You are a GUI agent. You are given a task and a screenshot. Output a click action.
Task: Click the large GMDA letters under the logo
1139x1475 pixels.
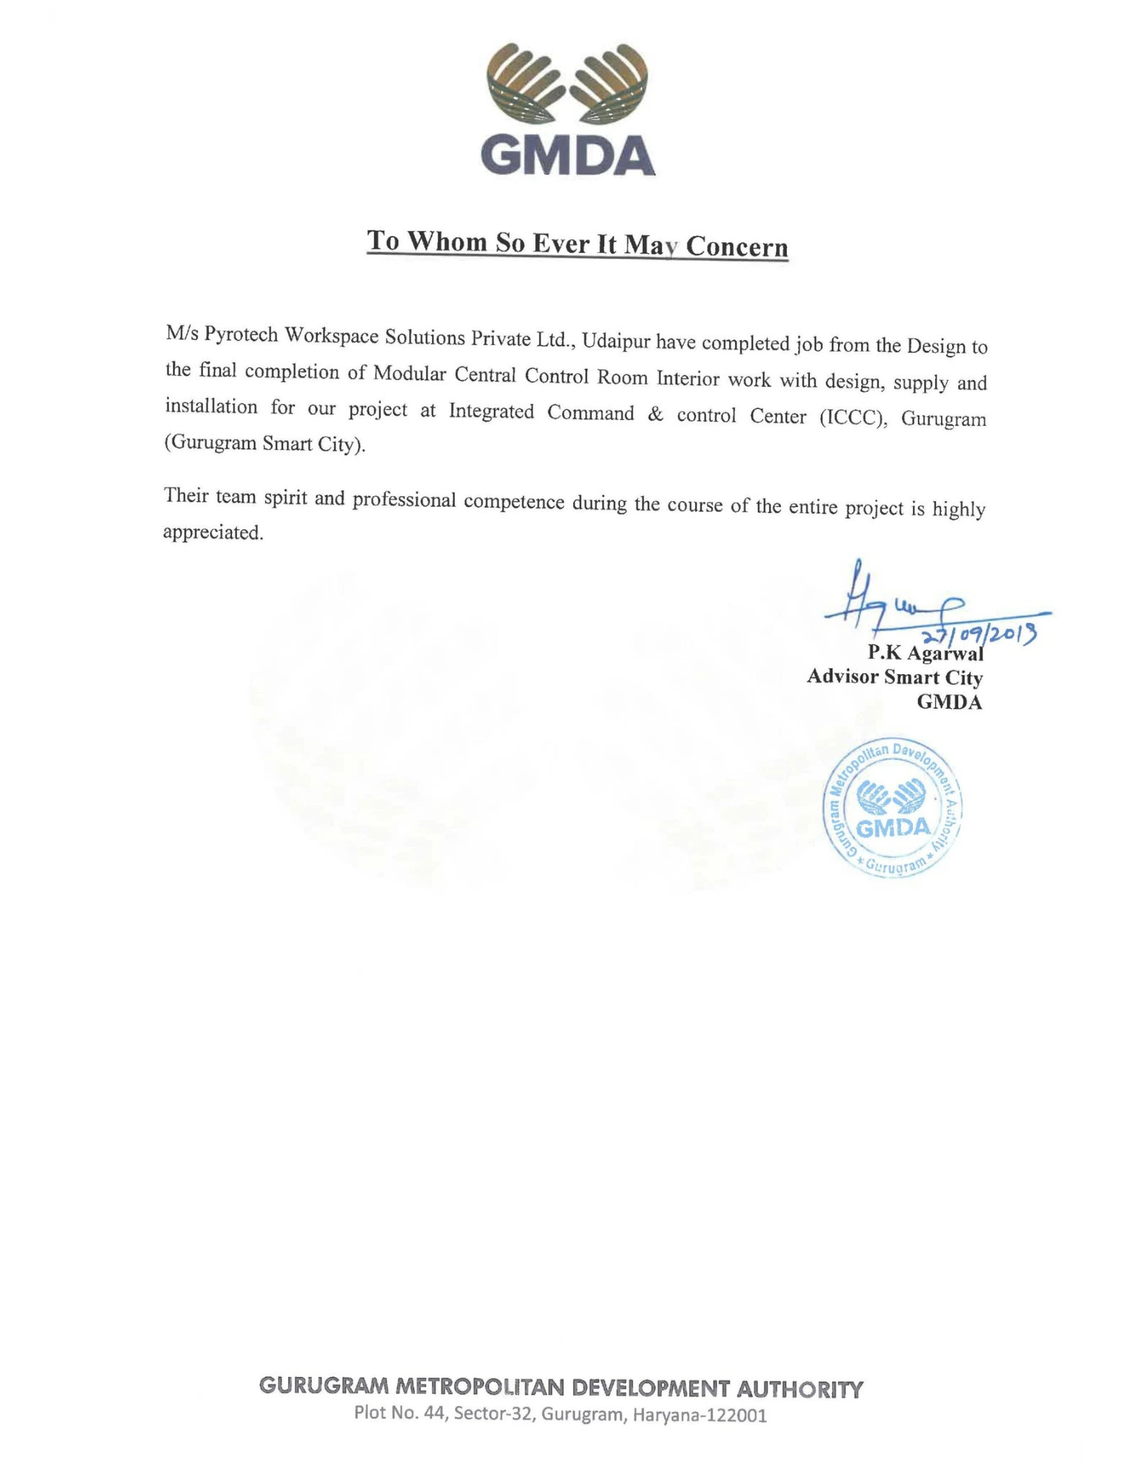(x=567, y=156)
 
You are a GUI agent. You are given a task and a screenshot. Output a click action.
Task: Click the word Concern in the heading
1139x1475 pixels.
(x=737, y=246)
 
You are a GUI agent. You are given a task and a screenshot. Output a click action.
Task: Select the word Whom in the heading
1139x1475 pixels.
(x=446, y=241)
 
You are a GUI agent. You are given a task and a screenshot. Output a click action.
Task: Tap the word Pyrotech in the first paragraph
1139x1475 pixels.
(x=242, y=335)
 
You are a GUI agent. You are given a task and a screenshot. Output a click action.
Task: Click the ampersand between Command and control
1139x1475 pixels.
(x=655, y=415)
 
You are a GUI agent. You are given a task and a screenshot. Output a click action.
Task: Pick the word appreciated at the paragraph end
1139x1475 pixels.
(x=213, y=532)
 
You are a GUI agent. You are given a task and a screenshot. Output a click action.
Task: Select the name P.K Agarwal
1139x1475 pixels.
(x=924, y=653)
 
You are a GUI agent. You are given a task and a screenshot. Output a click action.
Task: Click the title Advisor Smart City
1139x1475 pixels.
(x=894, y=677)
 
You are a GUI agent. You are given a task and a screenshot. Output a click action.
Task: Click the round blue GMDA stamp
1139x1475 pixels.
(x=892, y=807)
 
